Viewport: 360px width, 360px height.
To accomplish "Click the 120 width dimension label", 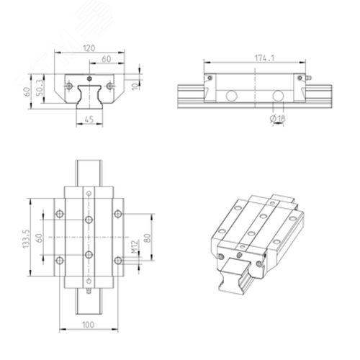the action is click(x=89, y=48).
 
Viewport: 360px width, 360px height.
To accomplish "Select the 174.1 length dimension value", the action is click(x=264, y=58).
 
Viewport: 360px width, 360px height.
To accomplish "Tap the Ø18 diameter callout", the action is click(x=277, y=118).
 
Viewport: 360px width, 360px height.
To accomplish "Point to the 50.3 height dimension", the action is click(x=40, y=87).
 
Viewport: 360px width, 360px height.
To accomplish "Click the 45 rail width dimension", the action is click(x=89, y=119).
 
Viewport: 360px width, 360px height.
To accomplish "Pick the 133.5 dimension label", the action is click(x=26, y=238).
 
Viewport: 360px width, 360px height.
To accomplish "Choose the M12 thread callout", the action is click(x=135, y=246).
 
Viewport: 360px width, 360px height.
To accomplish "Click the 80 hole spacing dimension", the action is click(x=148, y=238).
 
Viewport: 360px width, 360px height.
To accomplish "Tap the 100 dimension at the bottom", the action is click(x=89, y=325).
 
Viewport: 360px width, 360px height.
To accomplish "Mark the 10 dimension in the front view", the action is click(x=135, y=86).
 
